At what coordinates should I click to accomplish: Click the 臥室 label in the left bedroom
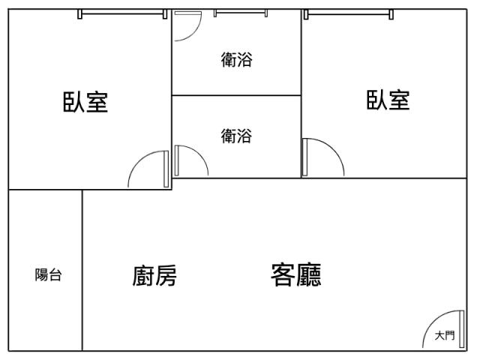pyautogui.click(x=85, y=102)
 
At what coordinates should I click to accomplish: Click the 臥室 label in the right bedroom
pyautogui.click(x=388, y=100)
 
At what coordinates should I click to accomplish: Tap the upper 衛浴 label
pyautogui.click(x=237, y=59)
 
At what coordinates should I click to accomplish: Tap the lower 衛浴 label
pyautogui.click(x=237, y=136)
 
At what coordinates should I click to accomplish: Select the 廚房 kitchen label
pyautogui.click(x=154, y=275)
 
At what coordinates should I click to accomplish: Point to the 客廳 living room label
pyautogui.click(x=296, y=274)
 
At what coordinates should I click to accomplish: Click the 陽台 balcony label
pyautogui.click(x=48, y=274)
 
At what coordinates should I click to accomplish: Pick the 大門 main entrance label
pyautogui.click(x=445, y=335)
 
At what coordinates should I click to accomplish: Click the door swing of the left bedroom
pyautogui.click(x=138, y=160)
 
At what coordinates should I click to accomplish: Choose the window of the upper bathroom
pyautogui.click(x=241, y=13)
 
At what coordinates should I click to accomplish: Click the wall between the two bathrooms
pyautogui.click(x=237, y=95)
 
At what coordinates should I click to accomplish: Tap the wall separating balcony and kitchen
pyautogui.click(x=82, y=270)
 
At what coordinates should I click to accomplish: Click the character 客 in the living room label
pyautogui.click(x=283, y=274)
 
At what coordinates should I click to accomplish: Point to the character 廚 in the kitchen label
pyautogui.click(x=143, y=275)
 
